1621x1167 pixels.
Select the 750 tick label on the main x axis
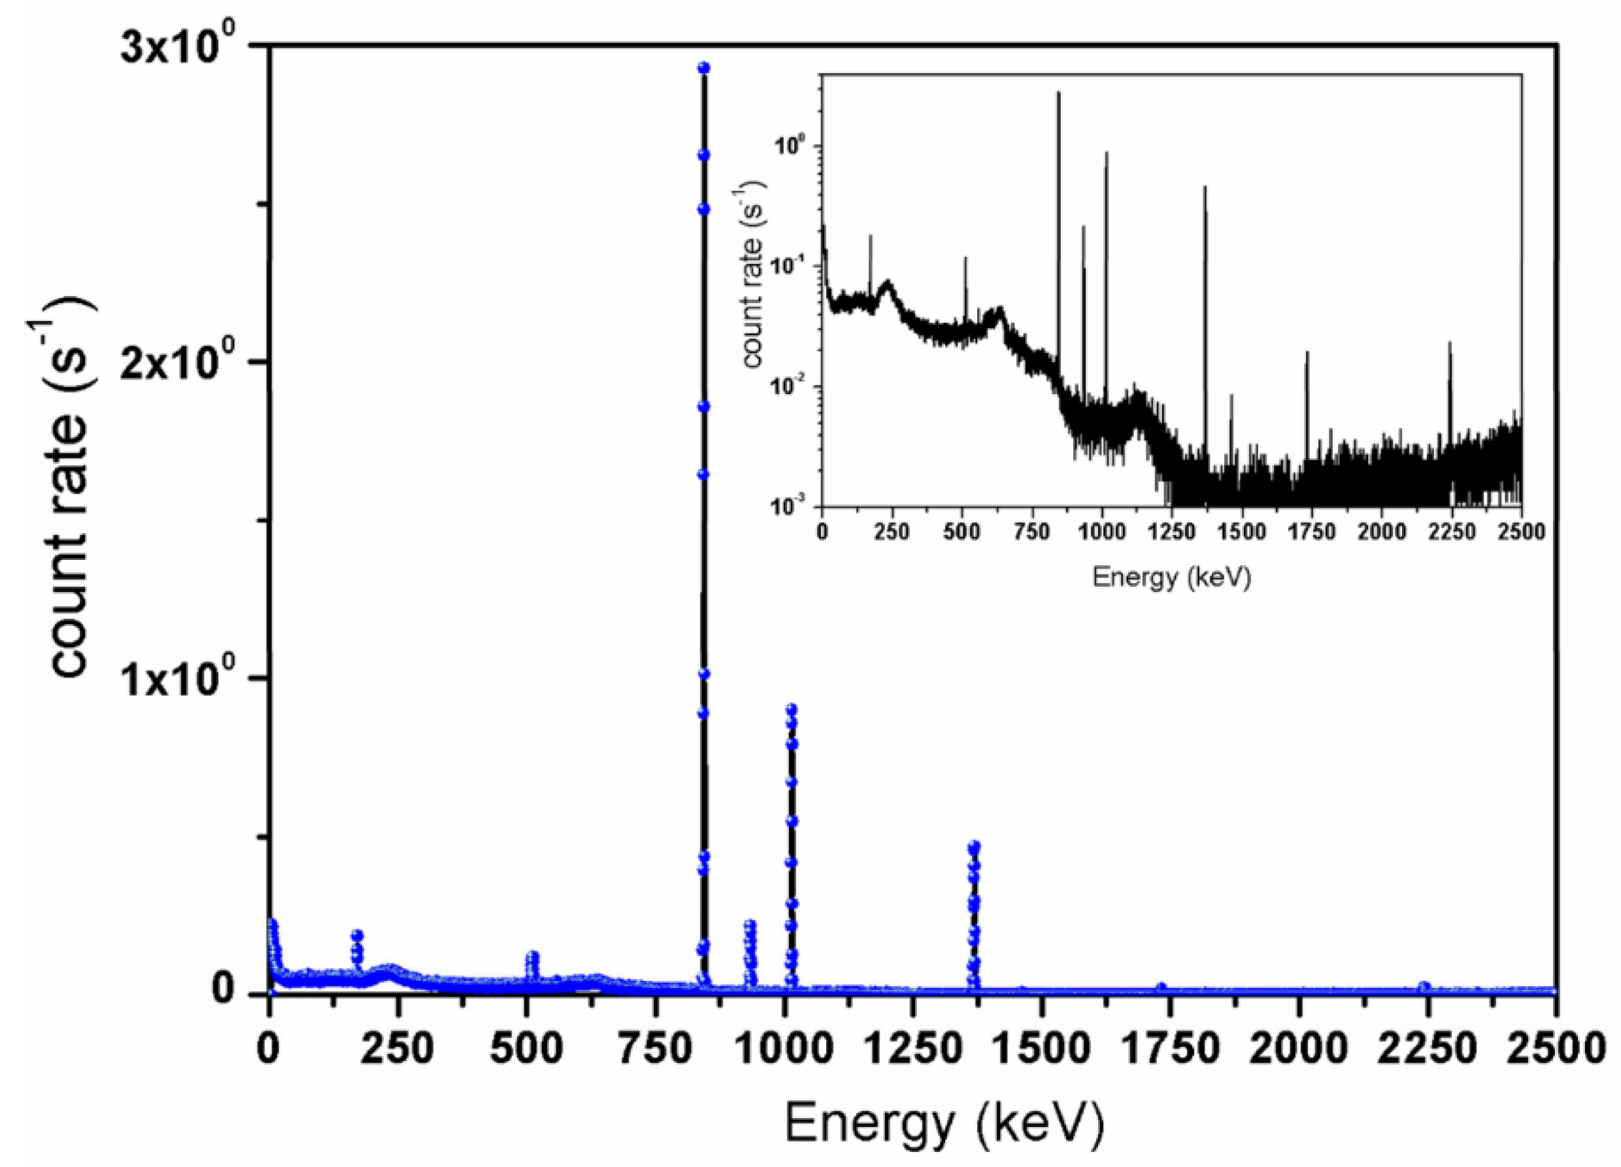(656, 1049)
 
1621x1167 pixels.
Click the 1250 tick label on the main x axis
(912, 1049)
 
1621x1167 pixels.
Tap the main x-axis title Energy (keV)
(945, 1123)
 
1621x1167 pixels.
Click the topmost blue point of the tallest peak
(703, 68)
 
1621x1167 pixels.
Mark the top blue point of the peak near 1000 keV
(791, 709)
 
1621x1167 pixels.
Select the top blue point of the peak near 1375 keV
(974, 846)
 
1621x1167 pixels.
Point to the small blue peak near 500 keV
(532, 956)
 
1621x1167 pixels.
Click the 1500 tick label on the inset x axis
(1241, 532)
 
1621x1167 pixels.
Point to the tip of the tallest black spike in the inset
(1058, 92)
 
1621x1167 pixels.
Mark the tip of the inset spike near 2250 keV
(1450, 342)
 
